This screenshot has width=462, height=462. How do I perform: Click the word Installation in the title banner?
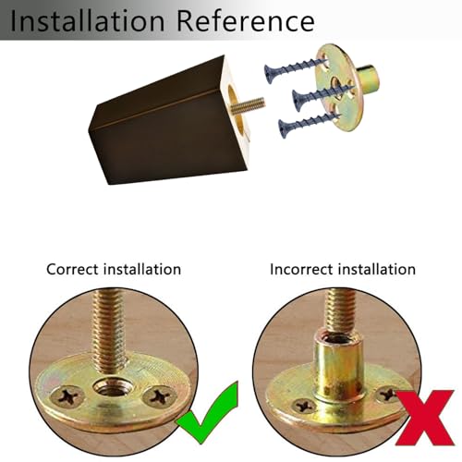(x=88, y=21)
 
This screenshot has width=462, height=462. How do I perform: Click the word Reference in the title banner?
(x=246, y=21)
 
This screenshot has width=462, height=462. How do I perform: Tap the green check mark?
(x=209, y=413)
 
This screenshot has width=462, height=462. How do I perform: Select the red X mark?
(x=424, y=418)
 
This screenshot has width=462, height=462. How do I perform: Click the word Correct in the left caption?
(x=72, y=270)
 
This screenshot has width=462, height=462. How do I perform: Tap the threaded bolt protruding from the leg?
(x=248, y=104)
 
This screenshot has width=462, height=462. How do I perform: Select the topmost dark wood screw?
(x=294, y=68)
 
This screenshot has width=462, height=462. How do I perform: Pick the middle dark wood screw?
(x=322, y=95)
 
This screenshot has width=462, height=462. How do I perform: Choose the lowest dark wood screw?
(x=309, y=124)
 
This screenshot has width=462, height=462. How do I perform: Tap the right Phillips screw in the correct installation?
(x=160, y=396)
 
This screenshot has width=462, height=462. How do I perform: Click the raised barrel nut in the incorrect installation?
(x=338, y=368)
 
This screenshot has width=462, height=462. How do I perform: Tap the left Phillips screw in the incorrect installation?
(x=304, y=406)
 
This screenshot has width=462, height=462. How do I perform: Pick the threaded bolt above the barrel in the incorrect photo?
(x=341, y=312)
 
